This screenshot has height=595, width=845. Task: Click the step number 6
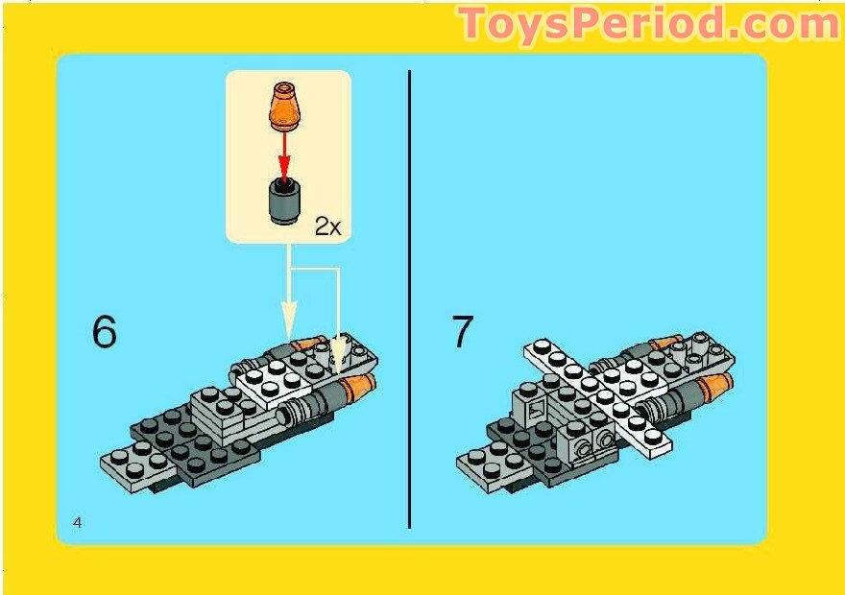(104, 331)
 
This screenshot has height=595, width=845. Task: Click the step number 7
(463, 331)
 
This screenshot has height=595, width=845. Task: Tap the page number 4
(77, 521)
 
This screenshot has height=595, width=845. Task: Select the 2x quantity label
(327, 226)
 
